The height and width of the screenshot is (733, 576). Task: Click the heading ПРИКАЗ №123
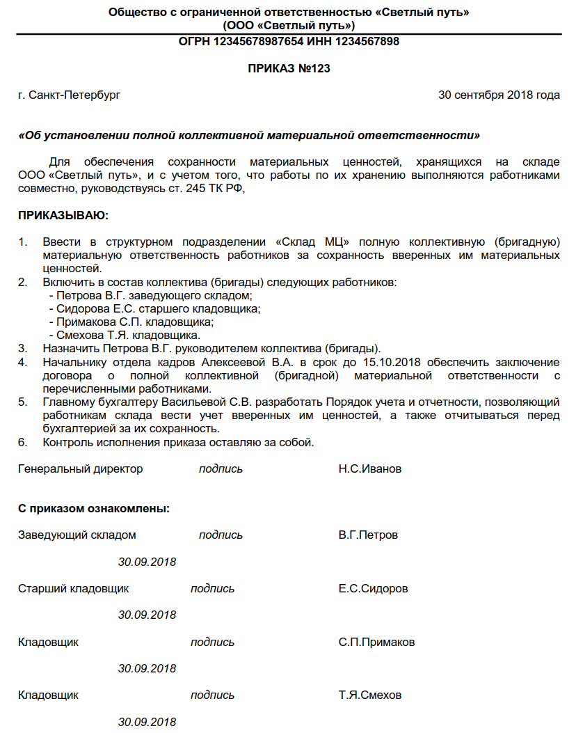coord(289,68)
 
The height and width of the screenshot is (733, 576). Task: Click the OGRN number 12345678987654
coord(257,42)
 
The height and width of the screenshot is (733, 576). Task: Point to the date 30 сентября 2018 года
coord(499,95)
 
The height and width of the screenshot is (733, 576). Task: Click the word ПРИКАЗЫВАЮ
coord(63,216)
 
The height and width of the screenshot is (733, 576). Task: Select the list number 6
coord(22,442)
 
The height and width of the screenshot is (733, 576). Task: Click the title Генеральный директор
coord(80,468)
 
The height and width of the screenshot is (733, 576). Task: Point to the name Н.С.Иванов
coord(370,468)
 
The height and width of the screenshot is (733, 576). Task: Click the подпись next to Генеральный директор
coord(221,468)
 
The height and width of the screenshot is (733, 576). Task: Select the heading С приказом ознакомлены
coord(93,509)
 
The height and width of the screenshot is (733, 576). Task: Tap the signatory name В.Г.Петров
coord(369,535)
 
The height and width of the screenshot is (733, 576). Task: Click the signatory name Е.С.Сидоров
coord(374,588)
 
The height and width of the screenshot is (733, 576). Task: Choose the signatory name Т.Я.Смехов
coord(370,695)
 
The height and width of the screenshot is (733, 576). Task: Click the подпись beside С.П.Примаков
coord(212,642)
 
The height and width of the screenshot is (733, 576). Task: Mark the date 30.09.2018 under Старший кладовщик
coord(147,615)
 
